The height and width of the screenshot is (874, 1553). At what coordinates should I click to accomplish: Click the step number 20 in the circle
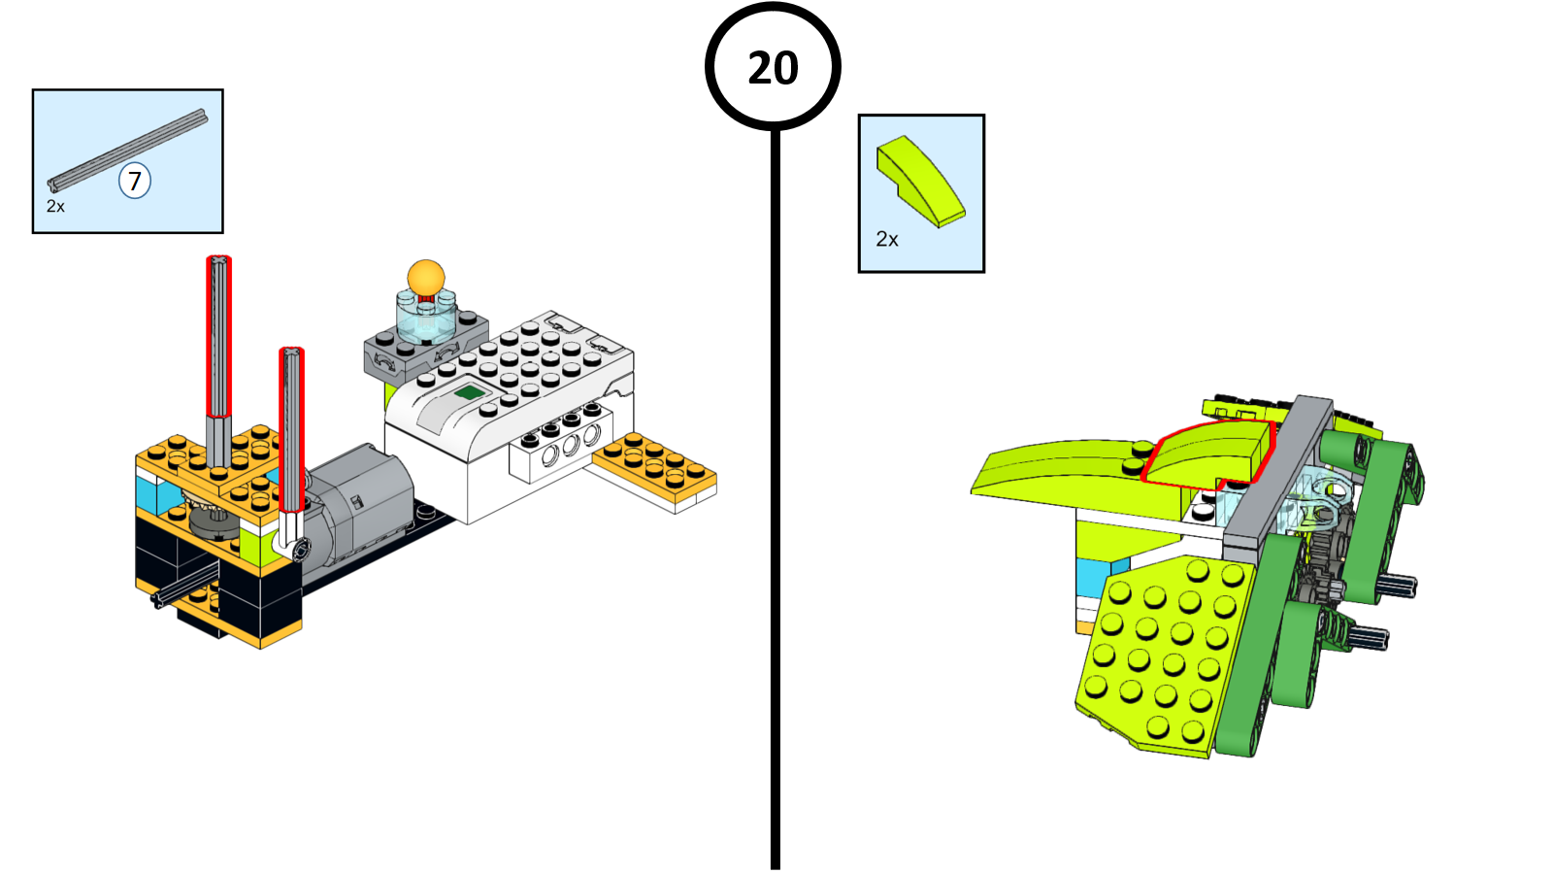point(773,68)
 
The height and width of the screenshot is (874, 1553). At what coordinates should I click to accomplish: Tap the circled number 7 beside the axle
point(135,181)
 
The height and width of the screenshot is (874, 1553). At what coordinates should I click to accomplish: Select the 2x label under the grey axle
point(55,207)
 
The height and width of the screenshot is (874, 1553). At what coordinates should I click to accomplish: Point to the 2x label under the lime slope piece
point(887,239)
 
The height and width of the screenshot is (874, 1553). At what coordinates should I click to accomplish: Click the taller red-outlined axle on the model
point(218,335)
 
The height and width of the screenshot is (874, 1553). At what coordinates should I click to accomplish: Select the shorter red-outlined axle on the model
point(291,427)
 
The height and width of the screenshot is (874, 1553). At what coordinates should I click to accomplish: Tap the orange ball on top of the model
point(425,277)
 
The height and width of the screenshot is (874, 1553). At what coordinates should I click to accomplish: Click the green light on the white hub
point(471,392)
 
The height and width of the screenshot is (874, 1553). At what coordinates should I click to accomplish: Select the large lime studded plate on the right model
point(1160,651)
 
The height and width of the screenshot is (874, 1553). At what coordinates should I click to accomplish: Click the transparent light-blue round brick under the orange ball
point(425,319)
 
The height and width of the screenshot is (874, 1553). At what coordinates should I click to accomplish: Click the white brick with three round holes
point(560,449)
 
